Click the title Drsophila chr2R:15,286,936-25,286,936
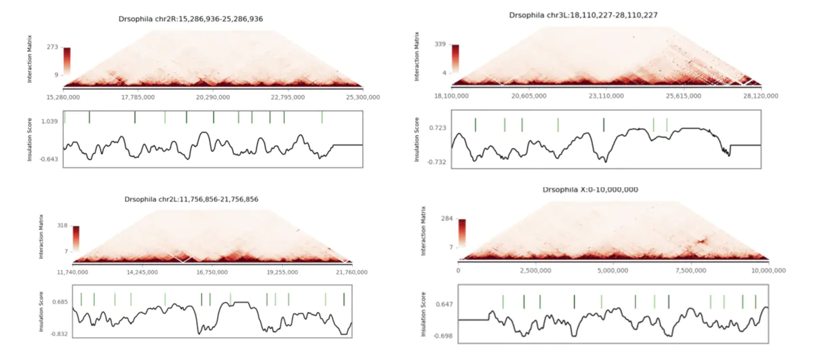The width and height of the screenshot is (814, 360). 191,18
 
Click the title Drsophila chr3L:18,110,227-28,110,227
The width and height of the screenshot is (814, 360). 583,14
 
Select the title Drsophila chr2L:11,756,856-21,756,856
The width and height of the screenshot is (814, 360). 191,199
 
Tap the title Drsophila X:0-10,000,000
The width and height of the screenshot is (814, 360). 590,190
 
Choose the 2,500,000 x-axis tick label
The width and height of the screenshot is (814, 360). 535,271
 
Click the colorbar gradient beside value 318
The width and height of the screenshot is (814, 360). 77,238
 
